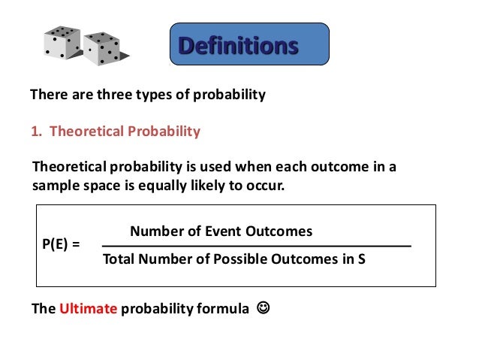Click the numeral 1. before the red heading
click(x=36, y=132)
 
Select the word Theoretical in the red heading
click(x=83, y=132)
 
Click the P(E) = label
click(x=60, y=245)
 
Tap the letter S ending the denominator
click(x=361, y=261)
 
